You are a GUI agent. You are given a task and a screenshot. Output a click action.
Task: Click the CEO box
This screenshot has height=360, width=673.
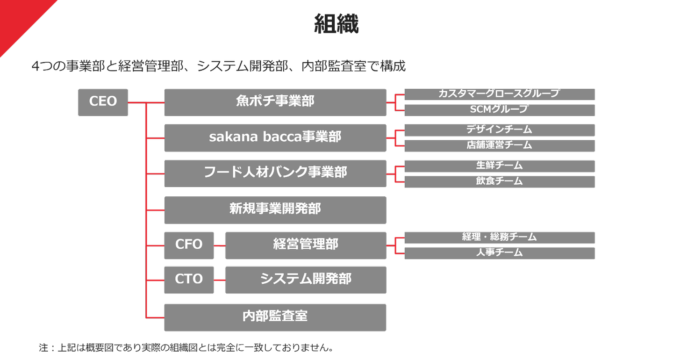click(x=103, y=102)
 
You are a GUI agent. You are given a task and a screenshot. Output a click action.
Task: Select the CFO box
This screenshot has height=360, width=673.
click(x=189, y=245)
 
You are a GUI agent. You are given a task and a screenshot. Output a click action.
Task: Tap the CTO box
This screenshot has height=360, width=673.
click(x=189, y=280)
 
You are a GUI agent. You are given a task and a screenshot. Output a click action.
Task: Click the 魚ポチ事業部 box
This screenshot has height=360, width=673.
click(x=275, y=102)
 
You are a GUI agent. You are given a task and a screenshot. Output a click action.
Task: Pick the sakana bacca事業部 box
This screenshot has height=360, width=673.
click(x=275, y=137)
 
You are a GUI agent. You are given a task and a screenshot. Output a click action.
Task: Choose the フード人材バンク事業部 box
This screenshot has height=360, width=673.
click(x=275, y=173)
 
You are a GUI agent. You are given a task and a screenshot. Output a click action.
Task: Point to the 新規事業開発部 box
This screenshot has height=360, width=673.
click(x=275, y=209)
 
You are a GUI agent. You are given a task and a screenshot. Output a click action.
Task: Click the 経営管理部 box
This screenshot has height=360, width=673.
click(x=306, y=245)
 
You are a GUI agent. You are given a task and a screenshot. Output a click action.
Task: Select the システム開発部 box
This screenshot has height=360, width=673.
click(x=306, y=280)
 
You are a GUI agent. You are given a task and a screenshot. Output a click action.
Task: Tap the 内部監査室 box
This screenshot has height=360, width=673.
click(x=275, y=317)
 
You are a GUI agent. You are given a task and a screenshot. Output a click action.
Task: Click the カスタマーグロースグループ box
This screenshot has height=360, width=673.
click(x=499, y=94)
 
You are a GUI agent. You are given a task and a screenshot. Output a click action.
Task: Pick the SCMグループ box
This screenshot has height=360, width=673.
click(x=499, y=110)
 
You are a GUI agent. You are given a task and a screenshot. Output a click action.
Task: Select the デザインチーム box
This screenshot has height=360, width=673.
click(x=499, y=130)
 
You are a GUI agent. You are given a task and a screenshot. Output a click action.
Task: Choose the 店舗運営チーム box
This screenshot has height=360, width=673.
click(x=499, y=145)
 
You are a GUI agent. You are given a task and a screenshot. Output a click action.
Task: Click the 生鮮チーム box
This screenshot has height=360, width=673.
click(x=499, y=166)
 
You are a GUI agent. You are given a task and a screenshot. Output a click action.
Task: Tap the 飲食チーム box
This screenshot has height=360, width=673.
click(x=499, y=181)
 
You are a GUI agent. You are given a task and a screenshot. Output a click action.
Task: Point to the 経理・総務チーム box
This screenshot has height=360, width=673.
click(x=499, y=238)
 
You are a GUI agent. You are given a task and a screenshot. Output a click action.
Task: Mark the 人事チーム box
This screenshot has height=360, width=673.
click(x=499, y=253)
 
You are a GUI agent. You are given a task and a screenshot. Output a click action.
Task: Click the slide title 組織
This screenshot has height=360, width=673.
click(x=336, y=23)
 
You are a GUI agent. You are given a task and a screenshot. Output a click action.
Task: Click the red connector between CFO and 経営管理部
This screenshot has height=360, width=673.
click(x=220, y=245)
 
